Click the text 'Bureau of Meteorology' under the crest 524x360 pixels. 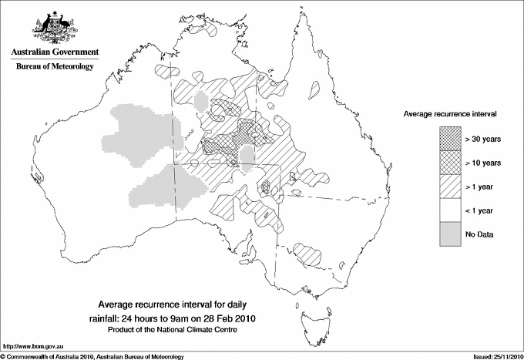55,67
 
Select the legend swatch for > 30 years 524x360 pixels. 450,140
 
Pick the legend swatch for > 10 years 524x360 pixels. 450,163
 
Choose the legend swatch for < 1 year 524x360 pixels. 450,210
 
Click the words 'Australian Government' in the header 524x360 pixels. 55,52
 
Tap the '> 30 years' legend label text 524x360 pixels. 482,140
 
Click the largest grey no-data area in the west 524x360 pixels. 139,139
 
